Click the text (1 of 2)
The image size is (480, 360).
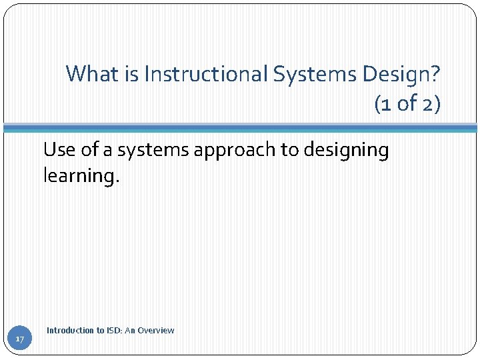click(x=407, y=103)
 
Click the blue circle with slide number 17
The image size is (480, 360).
click(x=20, y=340)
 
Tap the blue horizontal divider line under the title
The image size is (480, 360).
click(x=240, y=127)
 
